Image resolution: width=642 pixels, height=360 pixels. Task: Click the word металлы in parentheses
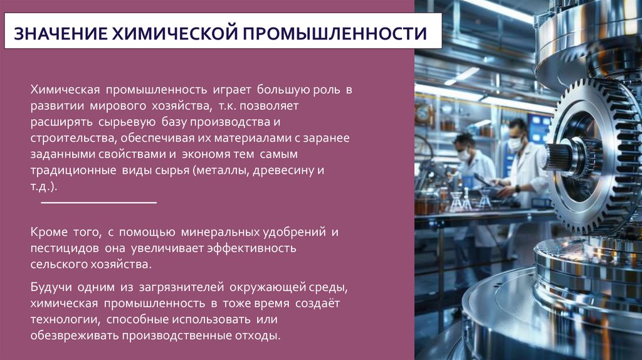click(x=225, y=171)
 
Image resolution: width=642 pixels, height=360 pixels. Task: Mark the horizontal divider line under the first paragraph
click(x=98, y=203)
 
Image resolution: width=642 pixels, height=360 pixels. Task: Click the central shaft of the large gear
click(x=561, y=157)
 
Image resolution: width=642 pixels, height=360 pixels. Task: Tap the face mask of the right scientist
click(x=515, y=144)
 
